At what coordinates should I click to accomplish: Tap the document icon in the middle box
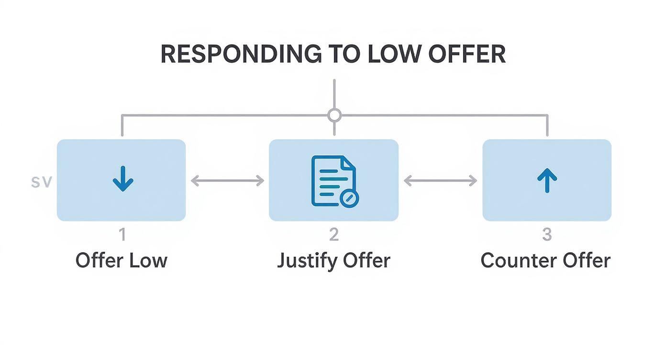(x=333, y=180)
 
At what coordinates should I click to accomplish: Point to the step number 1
(x=122, y=235)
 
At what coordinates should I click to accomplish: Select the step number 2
(x=334, y=235)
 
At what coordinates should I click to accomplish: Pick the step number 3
(x=547, y=235)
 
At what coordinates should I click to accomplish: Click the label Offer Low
(x=122, y=261)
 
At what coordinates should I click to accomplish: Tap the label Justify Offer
(x=334, y=261)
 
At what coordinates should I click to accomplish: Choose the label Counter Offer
(x=546, y=261)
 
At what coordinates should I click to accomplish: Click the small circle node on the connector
(x=334, y=115)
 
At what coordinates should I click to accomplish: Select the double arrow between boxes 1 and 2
(x=227, y=180)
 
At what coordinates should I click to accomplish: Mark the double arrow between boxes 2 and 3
(x=440, y=180)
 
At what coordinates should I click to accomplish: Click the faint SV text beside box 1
(x=41, y=182)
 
